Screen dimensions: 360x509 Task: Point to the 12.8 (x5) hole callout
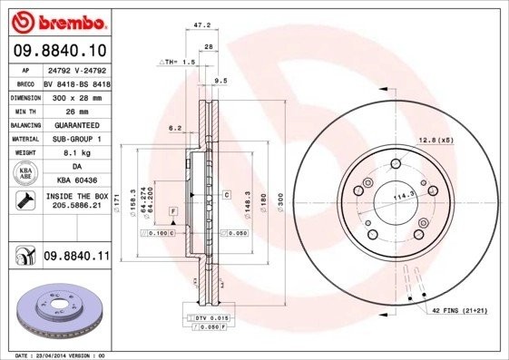pyautogui.click(x=435, y=139)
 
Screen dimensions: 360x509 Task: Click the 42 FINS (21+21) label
pyautogui.click(x=461, y=311)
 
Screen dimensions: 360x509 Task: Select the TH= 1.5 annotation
pyautogui.click(x=177, y=62)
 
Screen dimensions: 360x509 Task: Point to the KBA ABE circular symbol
pyautogui.click(x=25, y=173)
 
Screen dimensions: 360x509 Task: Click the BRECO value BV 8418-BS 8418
pyautogui.click(x=76, y=81)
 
